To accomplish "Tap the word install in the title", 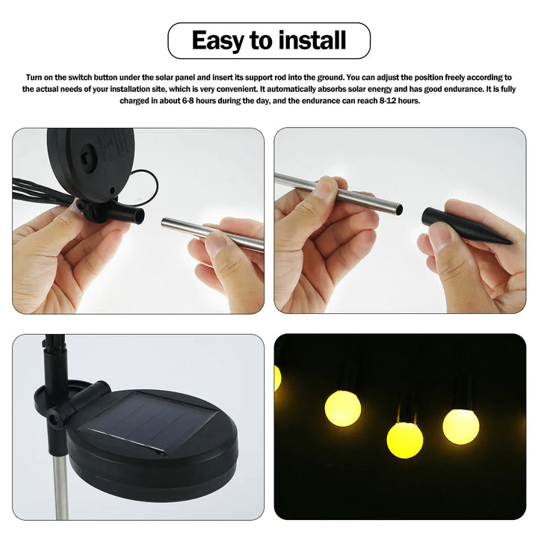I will [x=313, y=40].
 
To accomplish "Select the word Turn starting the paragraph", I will [x=35, y=78].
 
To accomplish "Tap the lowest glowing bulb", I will [x=405, y=440].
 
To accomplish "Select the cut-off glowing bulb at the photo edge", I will [x=277, y=377].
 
